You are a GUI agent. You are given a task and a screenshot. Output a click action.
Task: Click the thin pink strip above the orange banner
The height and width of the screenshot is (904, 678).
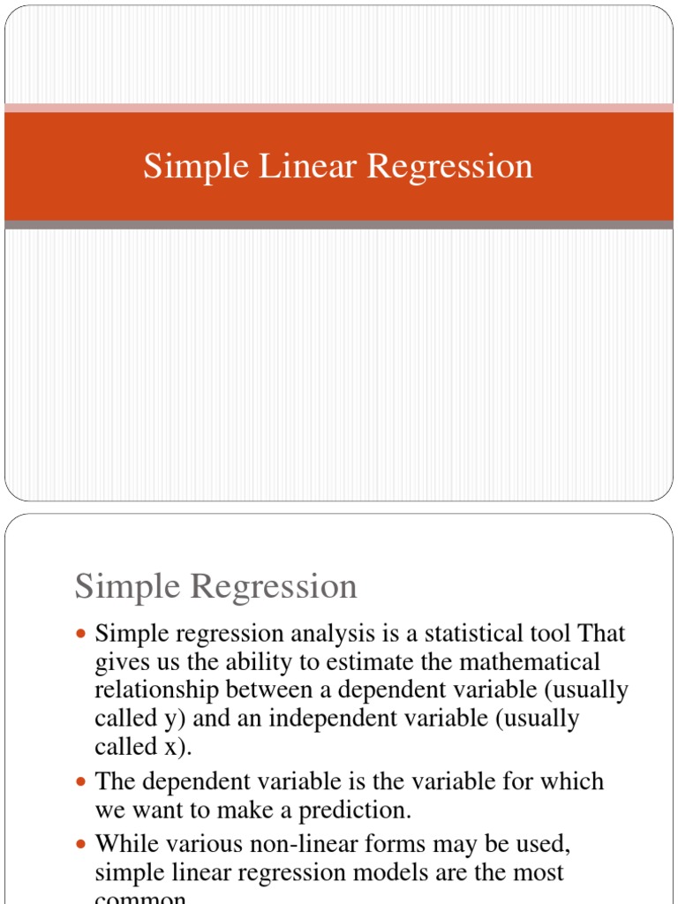click(339, 108)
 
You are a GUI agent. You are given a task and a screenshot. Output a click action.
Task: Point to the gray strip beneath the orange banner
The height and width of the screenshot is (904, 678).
click(339, 225)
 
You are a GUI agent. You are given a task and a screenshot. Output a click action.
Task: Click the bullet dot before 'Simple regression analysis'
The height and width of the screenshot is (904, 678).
click(82, 635)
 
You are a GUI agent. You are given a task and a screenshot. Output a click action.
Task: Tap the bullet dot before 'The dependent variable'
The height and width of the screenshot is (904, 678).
click(82, 782)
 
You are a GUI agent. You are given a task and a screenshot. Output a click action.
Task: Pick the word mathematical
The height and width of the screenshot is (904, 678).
click(530, 662)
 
